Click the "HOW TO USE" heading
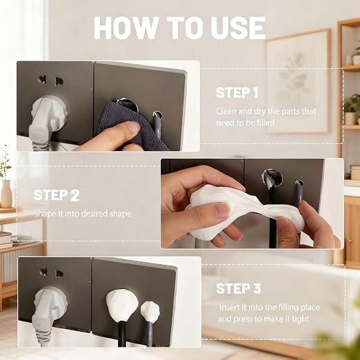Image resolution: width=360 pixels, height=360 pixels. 179,28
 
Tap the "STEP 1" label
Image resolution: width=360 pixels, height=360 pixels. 237,93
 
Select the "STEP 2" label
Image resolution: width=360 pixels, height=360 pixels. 57,195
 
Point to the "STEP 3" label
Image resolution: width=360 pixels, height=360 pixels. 239,288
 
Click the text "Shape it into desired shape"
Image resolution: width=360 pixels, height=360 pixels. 83,214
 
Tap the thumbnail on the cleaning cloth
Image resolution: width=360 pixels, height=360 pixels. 130,126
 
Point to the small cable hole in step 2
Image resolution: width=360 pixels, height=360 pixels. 299,183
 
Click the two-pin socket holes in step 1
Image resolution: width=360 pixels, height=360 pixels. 50,81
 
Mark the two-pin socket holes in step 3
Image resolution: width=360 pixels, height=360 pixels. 51,273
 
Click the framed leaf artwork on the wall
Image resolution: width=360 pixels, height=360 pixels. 298,81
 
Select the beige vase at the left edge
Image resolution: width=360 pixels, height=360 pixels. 6,194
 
